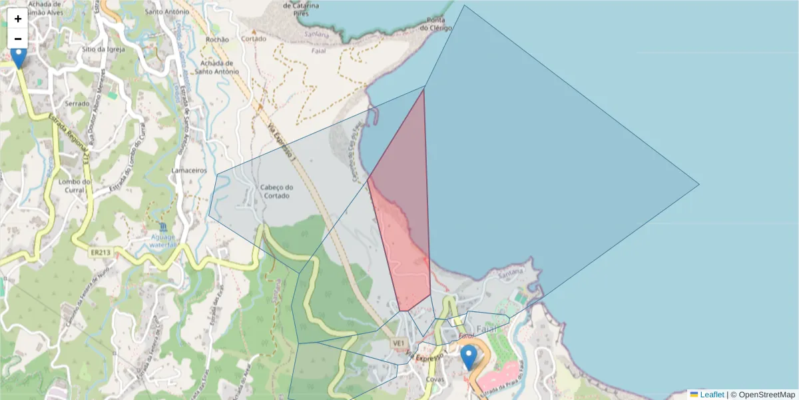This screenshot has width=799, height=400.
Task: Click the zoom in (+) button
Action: coord(18,19)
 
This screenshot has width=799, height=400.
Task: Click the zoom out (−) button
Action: coord(18,39)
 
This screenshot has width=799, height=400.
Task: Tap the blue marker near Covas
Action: coord(469,357)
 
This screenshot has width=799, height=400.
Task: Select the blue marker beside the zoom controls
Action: coord(19,57)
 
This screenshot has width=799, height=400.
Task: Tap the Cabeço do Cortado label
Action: coord(277,191)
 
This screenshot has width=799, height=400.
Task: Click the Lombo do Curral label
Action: coord(75,186)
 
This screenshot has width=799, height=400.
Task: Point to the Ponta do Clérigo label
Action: coord(436,23)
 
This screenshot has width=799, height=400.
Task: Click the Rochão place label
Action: coord(218,40)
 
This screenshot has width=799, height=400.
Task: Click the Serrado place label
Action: coord(77,104)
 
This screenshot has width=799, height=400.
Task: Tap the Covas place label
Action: coord(435,379)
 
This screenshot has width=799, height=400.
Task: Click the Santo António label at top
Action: coord(164,12)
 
